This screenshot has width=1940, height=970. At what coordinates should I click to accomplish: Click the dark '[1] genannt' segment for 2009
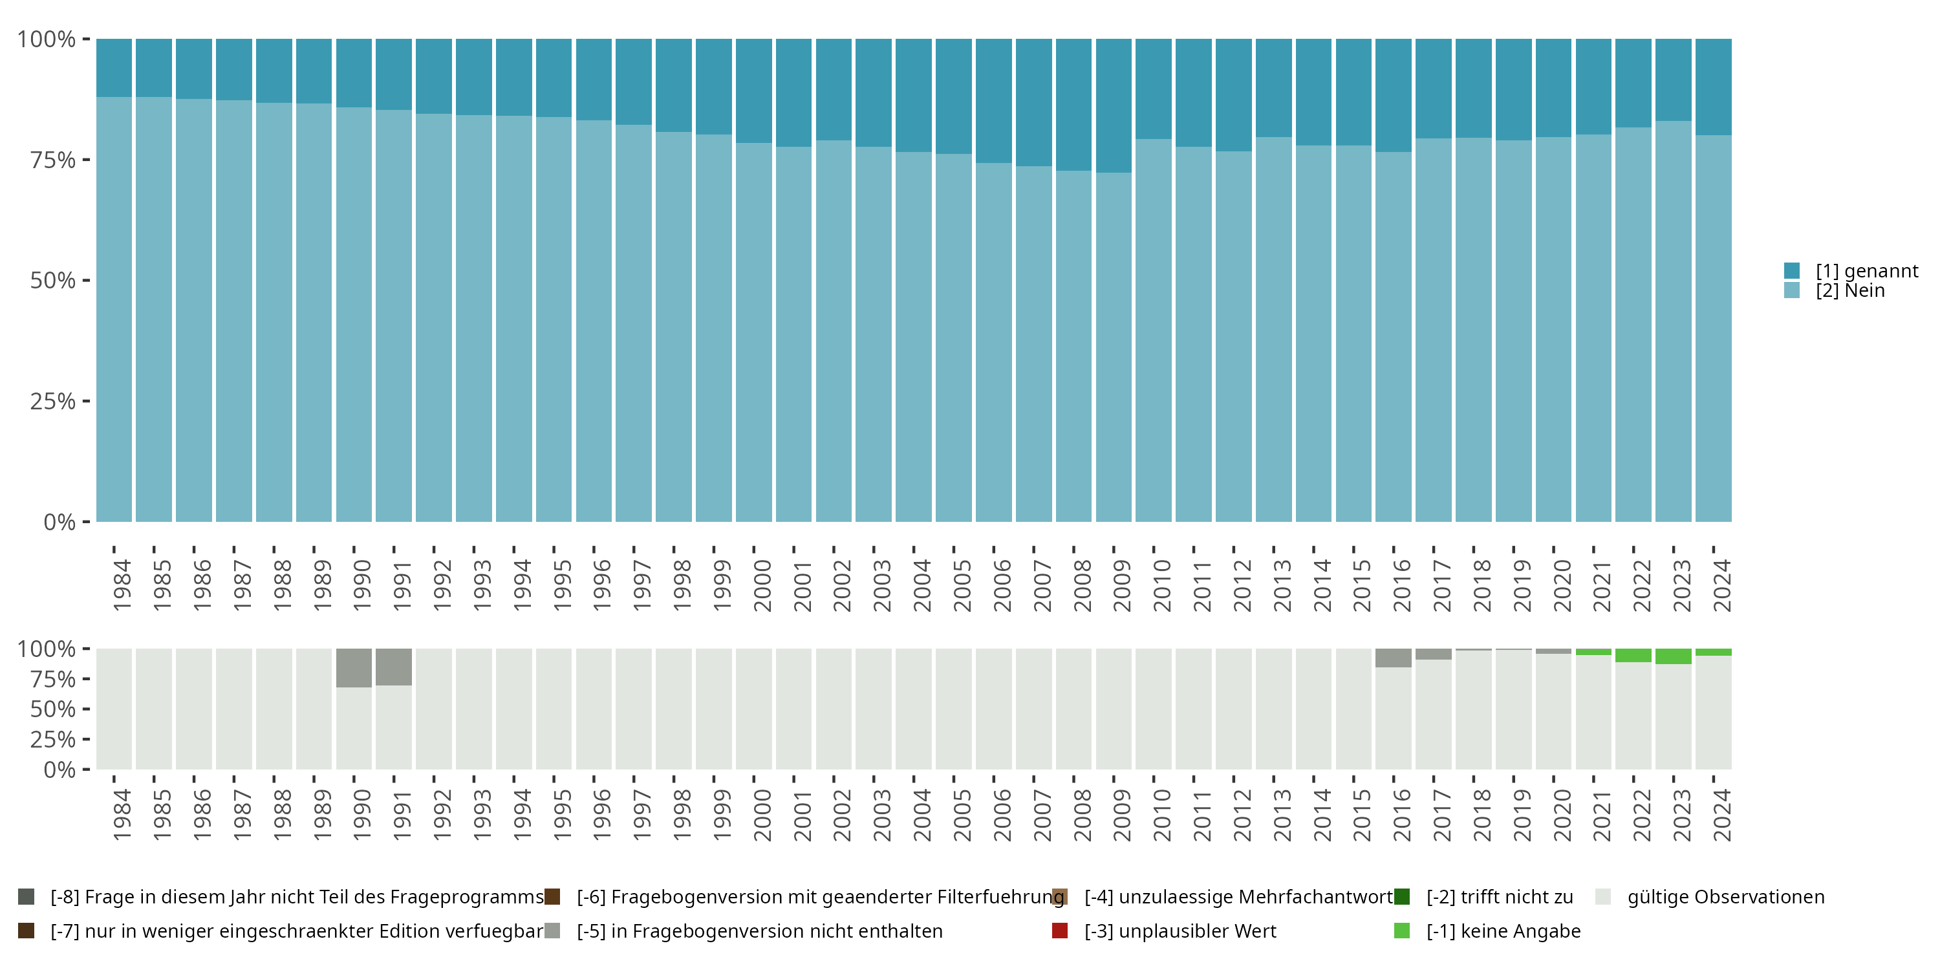(x=1113, y=105)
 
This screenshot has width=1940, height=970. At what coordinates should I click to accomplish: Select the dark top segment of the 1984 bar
(x=114, y=68)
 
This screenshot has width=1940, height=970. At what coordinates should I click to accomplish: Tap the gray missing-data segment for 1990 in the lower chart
(x=354, y=667)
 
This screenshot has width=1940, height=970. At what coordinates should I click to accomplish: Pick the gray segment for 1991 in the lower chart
(x=394, y=667)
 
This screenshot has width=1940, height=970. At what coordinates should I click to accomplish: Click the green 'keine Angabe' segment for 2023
(x=1673, y=656)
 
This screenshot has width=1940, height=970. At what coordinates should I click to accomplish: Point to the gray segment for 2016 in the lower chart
(x=1394, y=658)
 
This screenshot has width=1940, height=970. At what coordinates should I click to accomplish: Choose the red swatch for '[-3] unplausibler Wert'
(x=1060, y=931)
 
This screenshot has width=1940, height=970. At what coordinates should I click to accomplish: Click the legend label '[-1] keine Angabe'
(x=1503, y=931)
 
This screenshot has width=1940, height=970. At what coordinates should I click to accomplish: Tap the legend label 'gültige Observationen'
(x=1725, y=897)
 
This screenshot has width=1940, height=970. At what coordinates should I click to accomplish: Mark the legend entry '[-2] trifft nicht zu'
(x=1500, y=897)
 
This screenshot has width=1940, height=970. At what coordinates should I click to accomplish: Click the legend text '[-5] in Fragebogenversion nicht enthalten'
(x=759, y=931)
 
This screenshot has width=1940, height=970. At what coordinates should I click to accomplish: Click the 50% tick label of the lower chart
(x=53, y=709)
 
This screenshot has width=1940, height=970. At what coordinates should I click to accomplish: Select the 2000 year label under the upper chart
(x=762, y=585)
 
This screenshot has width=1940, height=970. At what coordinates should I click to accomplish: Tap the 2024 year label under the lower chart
(x=1721, y=815)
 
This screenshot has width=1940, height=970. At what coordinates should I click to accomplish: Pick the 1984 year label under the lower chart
(x=122, y=815)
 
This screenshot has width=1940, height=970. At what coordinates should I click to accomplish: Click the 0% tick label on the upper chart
(x=59, y=522)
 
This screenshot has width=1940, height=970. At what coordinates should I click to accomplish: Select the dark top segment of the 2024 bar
(x=1713, y=87)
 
